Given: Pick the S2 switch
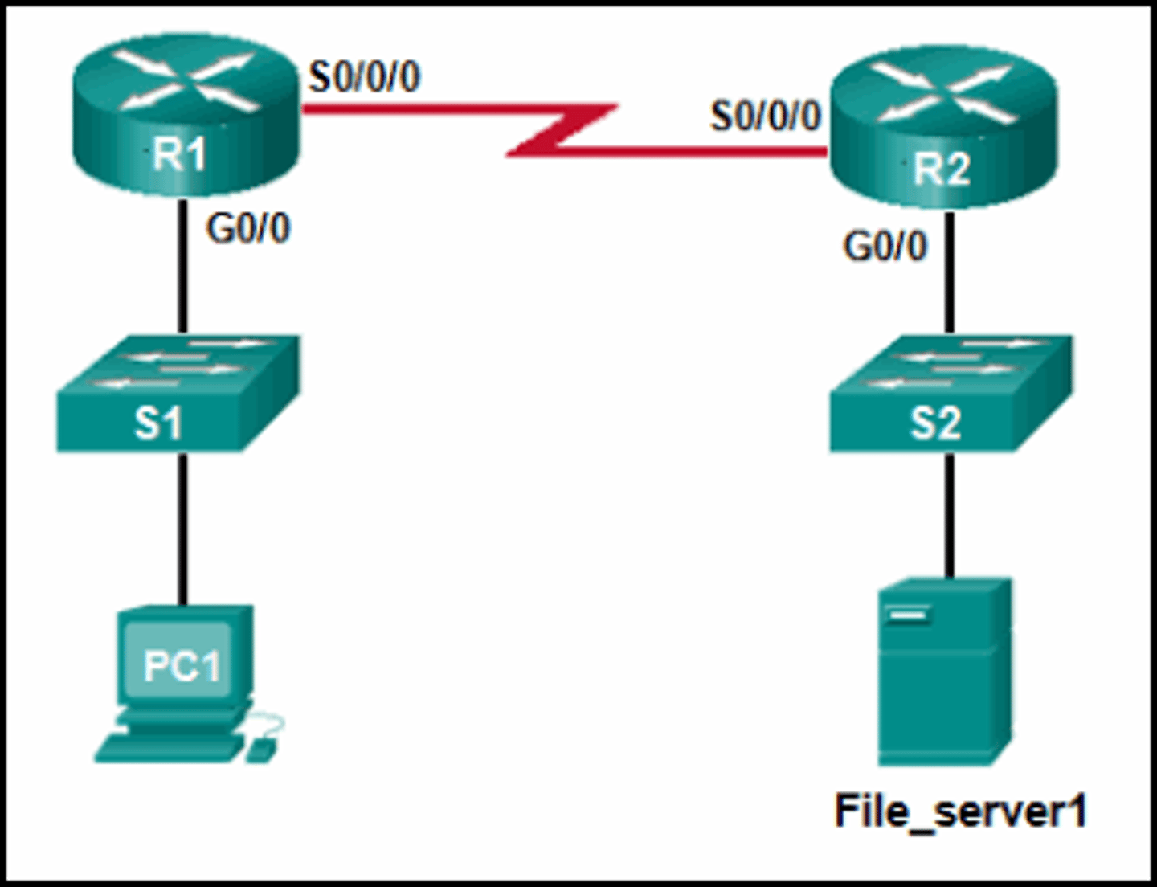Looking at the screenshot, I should (x=950, y=394).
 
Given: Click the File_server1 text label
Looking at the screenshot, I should (x=960, y=811).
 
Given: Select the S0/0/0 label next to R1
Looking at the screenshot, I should (x=364, y=78).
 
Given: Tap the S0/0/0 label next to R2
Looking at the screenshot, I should (x=765, y=116).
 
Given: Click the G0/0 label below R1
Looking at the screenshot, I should (x=247, y=229).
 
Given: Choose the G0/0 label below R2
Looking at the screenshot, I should (x=884, y=247).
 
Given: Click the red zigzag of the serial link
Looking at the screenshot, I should (x=562, y=129).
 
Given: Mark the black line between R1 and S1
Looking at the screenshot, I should (x=183, y=265).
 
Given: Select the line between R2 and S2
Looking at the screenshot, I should (x=950, y=273).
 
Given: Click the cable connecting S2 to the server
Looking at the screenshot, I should (x=950, y=514).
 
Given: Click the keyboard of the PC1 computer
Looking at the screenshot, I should (x=169, y=747).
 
